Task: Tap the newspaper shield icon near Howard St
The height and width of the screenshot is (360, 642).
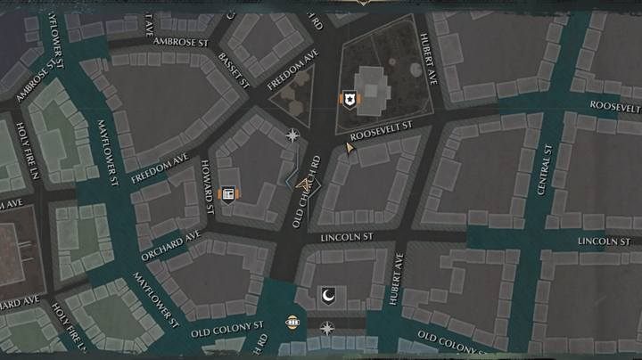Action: click(x=228, y=194)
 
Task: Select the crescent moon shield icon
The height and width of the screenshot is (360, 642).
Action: click(x=327, y=295)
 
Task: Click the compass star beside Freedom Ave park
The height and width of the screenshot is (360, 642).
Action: click(x=292, y=136)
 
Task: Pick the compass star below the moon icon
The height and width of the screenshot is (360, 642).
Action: click(x=327, y=329)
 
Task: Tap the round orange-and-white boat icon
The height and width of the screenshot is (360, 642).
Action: click(x=292, y=322)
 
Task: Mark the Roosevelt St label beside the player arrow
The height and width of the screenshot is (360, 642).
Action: click(x=380, y=131)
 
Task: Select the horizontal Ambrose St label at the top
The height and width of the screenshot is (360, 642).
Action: click(x=180, y=41)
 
